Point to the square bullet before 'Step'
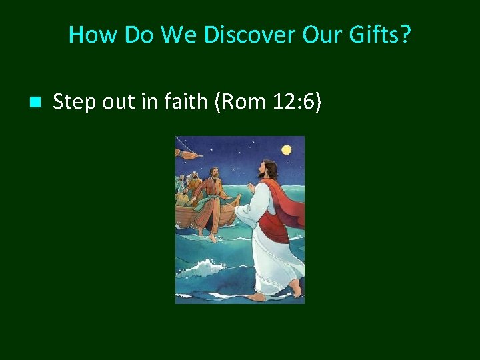tap(35, 103)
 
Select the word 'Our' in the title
tap(321, 34)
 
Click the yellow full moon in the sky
tap(287, 150)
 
